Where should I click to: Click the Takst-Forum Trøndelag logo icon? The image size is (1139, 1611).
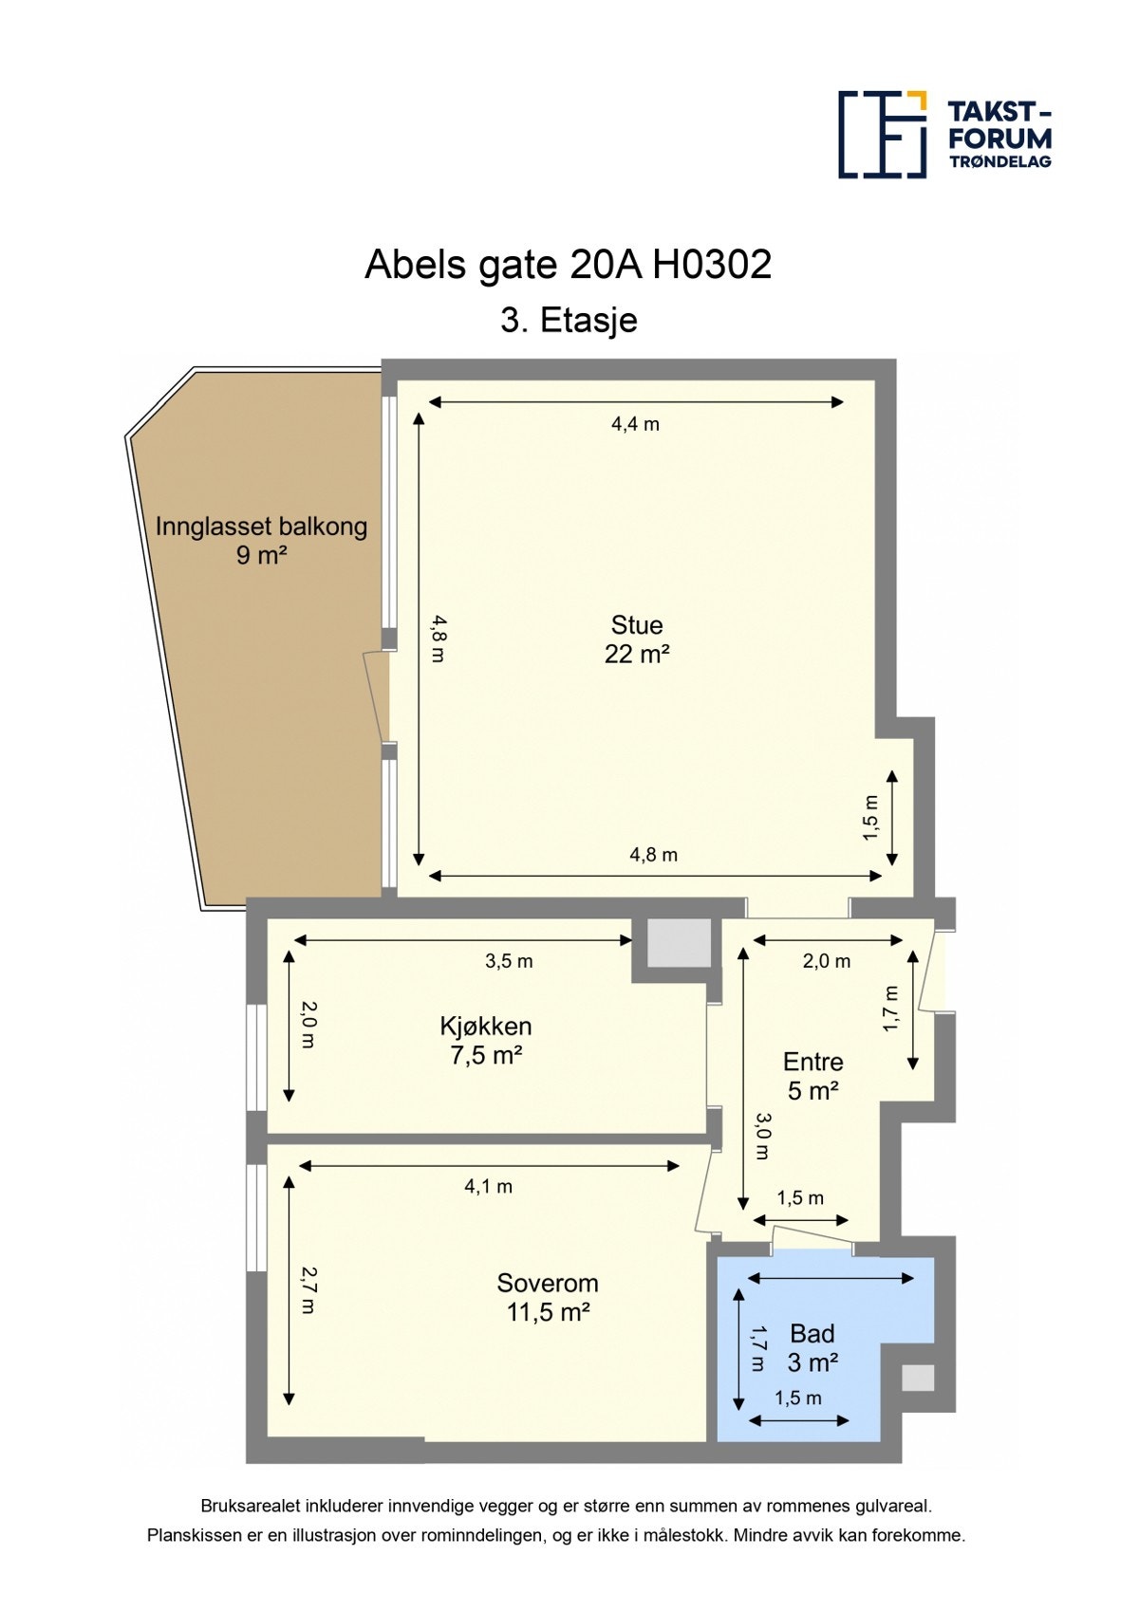point(882,134)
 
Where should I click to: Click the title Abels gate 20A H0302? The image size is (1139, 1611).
point(568,265)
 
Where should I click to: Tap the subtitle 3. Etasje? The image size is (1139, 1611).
point(569,321)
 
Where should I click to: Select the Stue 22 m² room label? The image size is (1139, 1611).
point(637,639)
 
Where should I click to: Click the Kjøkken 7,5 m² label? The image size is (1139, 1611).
point(486,1040)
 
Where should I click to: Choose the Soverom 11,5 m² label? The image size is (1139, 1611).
point(548,1297)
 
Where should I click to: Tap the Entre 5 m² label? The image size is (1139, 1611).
point(812,1076)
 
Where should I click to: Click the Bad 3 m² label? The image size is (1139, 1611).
point(812,1348)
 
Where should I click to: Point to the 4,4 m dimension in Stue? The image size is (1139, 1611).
point(635,424)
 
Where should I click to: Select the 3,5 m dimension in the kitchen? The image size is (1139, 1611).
point(509,961)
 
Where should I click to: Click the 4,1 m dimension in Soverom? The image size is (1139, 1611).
point(488,1186)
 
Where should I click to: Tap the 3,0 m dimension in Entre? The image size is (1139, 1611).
point(763,1137)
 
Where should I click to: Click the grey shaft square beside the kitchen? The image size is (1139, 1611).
point(679,943)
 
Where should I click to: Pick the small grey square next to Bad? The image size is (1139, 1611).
point(917,1378)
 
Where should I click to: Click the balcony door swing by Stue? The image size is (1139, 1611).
point(377,696)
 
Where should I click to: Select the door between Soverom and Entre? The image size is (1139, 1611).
point(705,1191)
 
